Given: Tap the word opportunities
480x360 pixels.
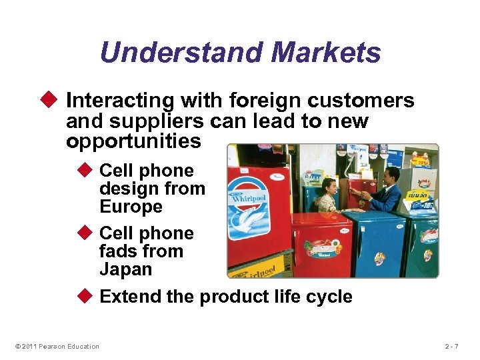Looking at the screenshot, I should pos(133,141).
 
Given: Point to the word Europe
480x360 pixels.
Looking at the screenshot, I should pos(131,207).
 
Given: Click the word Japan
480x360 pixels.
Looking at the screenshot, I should pos(126,269).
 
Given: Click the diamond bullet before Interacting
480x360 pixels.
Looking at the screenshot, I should pos(55,101).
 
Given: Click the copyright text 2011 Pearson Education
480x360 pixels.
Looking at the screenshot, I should pos(57,346).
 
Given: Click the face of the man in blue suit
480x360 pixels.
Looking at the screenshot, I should pos(394,175).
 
